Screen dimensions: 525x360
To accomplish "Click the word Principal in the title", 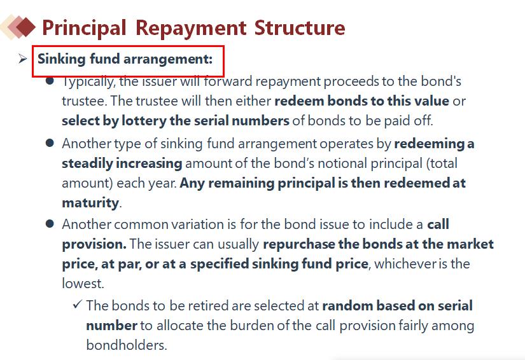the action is [x=84, y=28].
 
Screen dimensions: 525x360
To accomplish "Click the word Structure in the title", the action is [x=300, y=27].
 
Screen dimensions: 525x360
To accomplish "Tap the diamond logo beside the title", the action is [x=18, y=27].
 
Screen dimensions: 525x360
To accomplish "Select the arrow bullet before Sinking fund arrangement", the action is [x=23, y=59].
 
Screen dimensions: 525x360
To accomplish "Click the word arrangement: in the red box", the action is [x=168, y=60].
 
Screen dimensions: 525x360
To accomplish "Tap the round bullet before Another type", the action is [x=50, y=143].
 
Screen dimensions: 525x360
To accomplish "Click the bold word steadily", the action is [x=87, y=163].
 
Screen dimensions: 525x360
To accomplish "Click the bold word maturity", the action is [x=90, y=203].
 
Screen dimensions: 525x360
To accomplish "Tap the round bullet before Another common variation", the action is [x=50, y=223].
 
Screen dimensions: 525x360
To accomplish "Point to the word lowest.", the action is [x=83, y=284].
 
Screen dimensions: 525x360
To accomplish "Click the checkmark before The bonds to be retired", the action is [x=78, y=304].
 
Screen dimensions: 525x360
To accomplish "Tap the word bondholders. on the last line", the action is [x=127, y=345].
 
